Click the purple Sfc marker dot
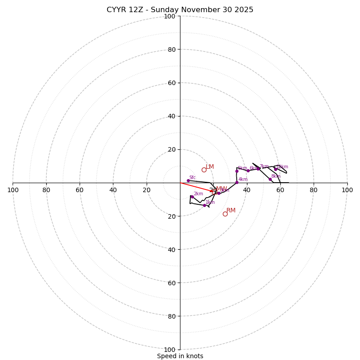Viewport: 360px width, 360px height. coord(188,180)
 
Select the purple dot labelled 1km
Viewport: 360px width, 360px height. coord(204,205)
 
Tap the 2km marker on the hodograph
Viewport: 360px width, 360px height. coord(192,197)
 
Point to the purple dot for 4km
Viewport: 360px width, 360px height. coord(237,182)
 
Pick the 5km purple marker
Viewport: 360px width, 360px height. coord(237,171)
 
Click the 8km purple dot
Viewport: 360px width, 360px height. coord(270,179)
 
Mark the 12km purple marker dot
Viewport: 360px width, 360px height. coord(275,169)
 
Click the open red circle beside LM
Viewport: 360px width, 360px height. coord(204,170)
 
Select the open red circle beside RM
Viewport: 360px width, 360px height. coord(225,214)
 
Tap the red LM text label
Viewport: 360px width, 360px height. coord(210,167)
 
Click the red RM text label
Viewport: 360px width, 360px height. coord(231,211)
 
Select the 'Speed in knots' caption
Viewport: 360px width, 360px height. coord(180,356)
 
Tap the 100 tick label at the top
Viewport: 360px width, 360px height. coord(170,17)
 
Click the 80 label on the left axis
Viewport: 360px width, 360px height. coord(46,190)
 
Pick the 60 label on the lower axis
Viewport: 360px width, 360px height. coord(170,283)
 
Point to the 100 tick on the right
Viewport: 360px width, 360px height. coord(347,190)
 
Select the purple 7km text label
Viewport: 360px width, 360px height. coord(264,166)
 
